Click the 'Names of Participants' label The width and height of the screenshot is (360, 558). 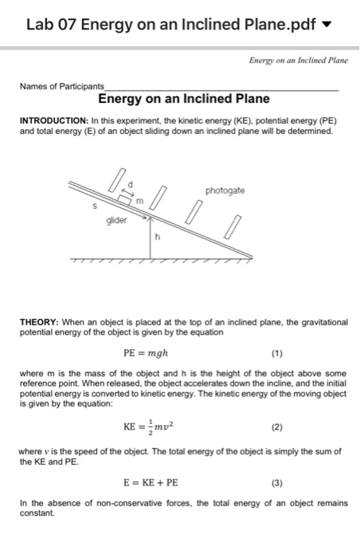click(x=62, y=86)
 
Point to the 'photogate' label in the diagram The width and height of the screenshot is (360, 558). click(x=225, y=191)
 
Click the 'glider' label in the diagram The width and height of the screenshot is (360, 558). click(x=117, y=220)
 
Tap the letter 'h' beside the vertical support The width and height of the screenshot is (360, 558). click(x=158, y=235)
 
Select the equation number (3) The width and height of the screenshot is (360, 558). click(x=276, y=482)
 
